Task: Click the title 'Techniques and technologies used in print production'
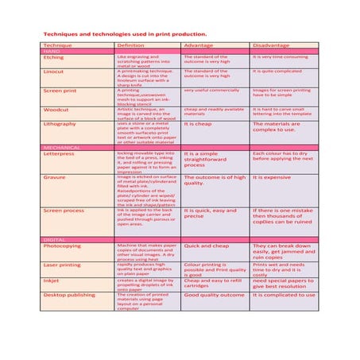point(125,34)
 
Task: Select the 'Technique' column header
point(57,45)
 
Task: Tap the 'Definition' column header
point(130,45)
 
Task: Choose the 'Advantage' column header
point(198,45)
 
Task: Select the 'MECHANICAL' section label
point(62,148)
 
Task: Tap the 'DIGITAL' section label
point(55,239)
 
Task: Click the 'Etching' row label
point(54,57)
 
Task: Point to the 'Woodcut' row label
point(56,109)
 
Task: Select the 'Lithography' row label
point(60,124)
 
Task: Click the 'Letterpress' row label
point(60,153)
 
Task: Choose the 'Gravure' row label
point(55,177)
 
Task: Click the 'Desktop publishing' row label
point(70,295)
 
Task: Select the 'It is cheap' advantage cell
point(198,124)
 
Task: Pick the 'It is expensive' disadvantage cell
point(272,177)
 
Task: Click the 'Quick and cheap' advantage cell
point(206,246)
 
